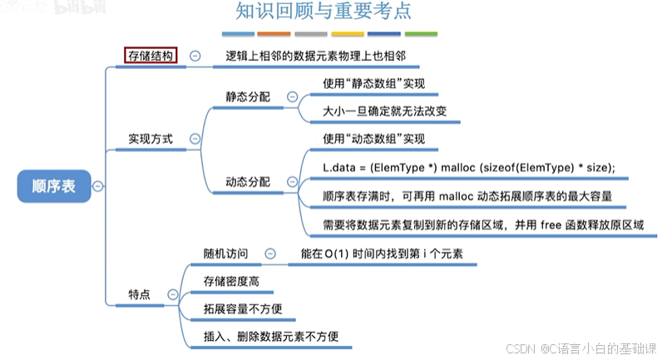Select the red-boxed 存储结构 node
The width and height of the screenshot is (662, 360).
[151, 56]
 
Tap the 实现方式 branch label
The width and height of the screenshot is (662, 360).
[151, 139]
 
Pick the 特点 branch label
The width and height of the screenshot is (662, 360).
[139, 294]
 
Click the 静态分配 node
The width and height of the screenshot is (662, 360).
[248, 96]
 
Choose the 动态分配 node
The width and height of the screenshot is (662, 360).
[248, 180]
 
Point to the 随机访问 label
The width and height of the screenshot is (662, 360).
[225, 254]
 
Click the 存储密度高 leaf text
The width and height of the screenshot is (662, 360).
[231, 281]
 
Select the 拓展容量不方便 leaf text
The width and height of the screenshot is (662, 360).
[243, 308]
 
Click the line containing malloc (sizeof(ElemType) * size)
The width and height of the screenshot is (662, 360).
[468, 168]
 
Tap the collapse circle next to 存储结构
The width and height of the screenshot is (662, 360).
[195, 56]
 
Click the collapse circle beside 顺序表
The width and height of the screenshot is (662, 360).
[98, 186]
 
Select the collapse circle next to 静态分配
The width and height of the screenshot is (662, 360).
[291, 96]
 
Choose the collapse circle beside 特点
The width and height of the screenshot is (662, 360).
[172, 294]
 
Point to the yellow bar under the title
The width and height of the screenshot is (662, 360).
[347, 34]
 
